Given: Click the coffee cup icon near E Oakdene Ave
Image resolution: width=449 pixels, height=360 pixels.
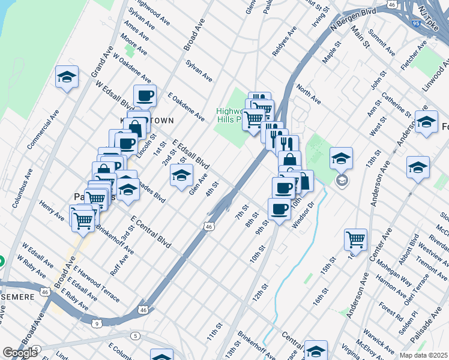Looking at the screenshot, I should pyautogui.click(x=144, y=96).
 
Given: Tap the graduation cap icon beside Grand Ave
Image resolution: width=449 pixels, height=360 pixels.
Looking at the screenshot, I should pyautogui.click(x=67, y=77).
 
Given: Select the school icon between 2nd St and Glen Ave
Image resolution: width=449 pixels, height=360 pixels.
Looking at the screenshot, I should pyautogui.click(x=181, y=176).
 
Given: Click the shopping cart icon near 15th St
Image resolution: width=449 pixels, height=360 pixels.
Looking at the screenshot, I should pyautogui.click(x=355, y=239).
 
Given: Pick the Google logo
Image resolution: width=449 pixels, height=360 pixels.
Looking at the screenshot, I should pyautogui.click(x=20, y=352).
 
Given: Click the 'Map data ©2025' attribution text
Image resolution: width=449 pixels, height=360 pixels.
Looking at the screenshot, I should pyautogui.click(x=423, y=355).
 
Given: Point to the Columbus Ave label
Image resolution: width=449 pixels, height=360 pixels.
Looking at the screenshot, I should pyautogui.click(x=22, y=188).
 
